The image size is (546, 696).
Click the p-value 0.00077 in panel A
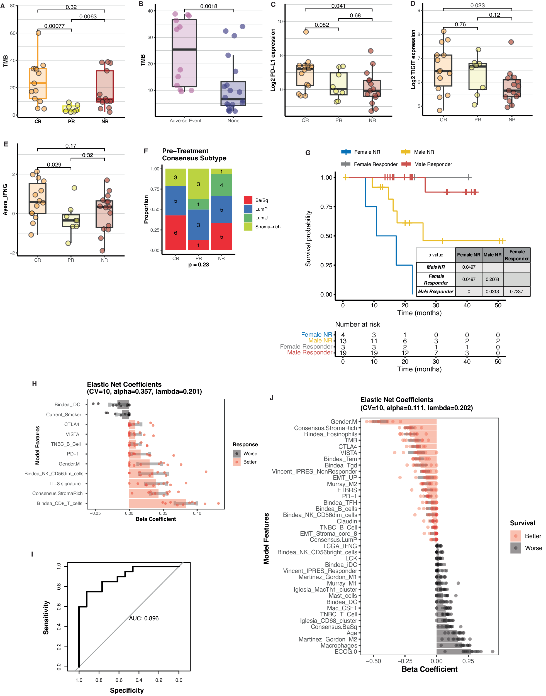[x=54, y=26]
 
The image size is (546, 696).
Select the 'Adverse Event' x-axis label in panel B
[x=186, y=121]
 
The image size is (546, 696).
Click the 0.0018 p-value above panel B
[x=209, y=6]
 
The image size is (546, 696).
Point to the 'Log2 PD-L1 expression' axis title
[x=273, y=60]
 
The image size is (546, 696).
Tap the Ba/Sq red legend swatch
[x=248, y=200]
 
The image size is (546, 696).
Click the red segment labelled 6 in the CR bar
[x=175, y=233]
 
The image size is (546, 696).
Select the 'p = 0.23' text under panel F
[x=199, y=265]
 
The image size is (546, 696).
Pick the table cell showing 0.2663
[x=492, y=279]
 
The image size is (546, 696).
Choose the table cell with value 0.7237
[x=516, y=291]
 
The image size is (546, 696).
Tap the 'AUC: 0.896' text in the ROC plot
[x=144, y=618]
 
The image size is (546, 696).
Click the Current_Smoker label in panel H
[x=64, y=415]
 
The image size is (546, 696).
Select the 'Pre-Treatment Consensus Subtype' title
[x=194, y=155]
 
